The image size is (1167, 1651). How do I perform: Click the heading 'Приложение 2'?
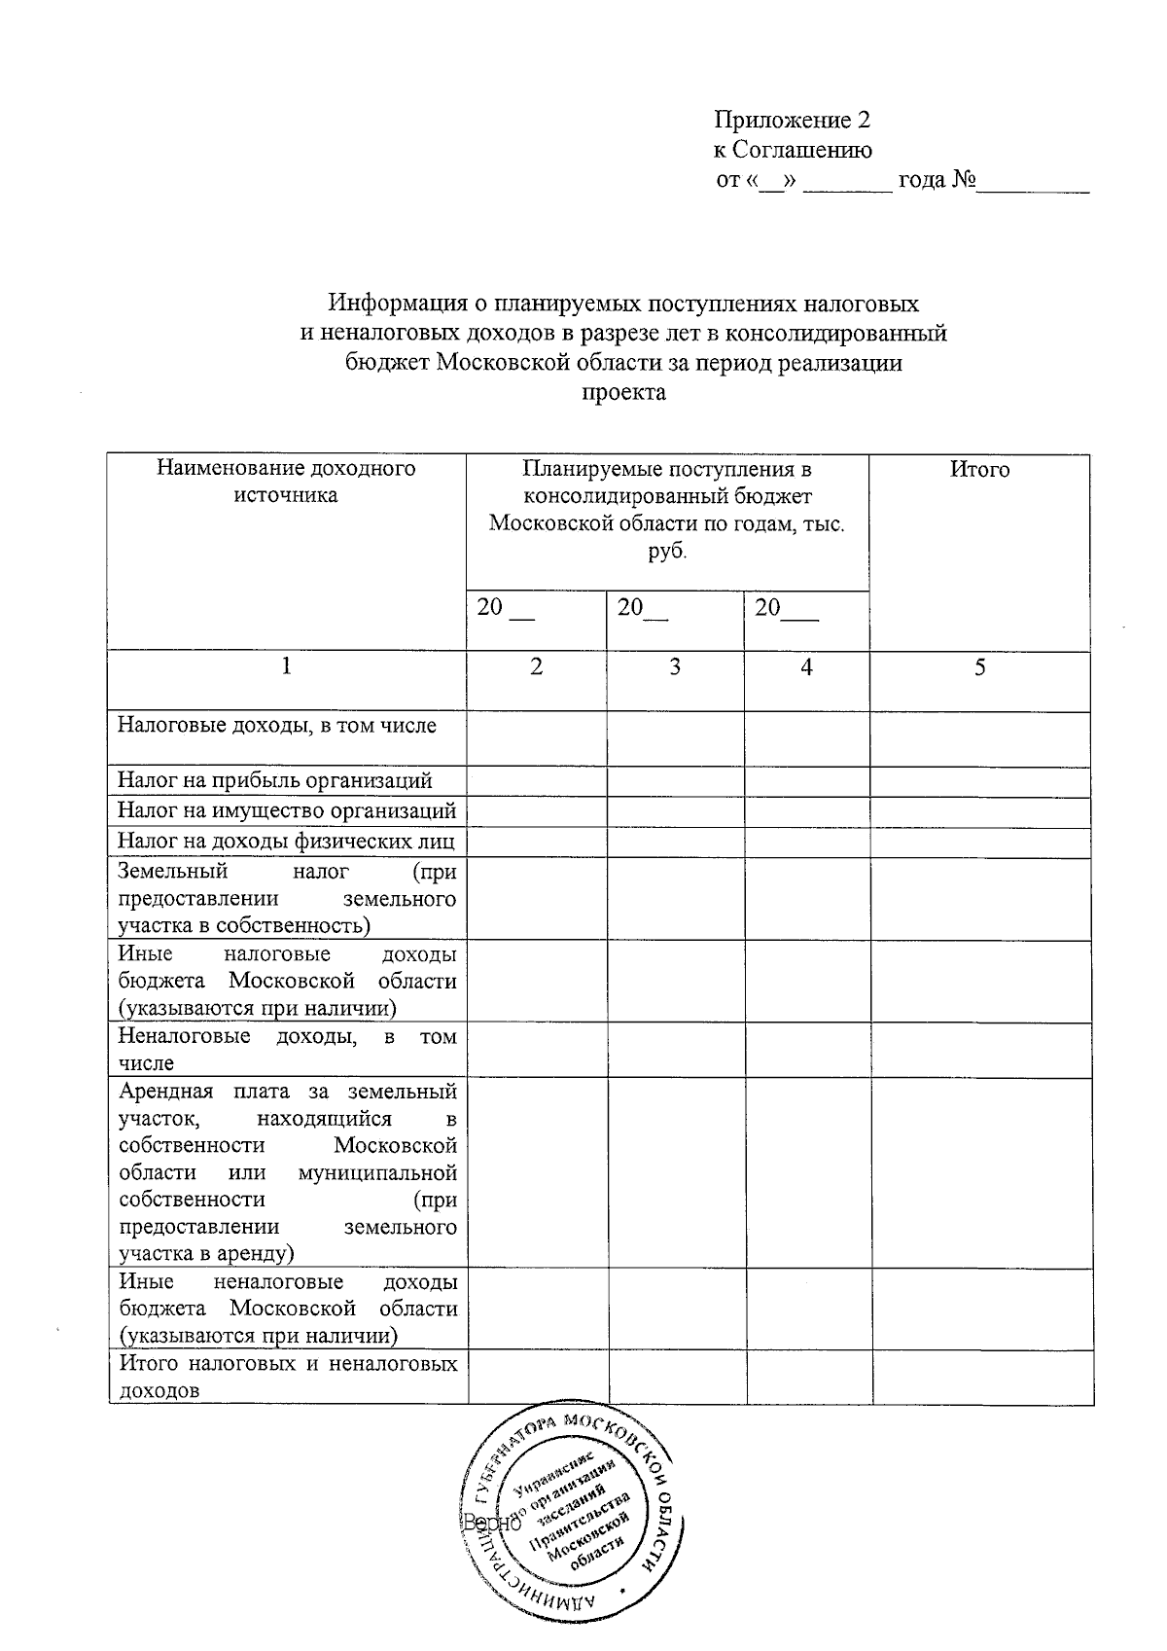(792, 121)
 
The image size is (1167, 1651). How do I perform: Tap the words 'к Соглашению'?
(793, 150)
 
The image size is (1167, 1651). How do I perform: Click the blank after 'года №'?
(1033, 182)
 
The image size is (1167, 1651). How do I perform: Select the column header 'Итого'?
(979, 470)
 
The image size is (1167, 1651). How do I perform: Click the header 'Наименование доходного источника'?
(286, 482)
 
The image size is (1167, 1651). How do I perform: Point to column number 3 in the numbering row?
(675, 667)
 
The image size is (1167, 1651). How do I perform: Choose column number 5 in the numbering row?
(980, 667)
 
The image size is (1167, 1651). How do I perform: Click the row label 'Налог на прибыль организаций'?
(275, 780)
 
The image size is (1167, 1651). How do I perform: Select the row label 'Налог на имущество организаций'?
(287, 810)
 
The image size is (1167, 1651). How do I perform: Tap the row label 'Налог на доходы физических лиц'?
(287, 841)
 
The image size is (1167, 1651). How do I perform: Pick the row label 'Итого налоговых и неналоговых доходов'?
(287, 1377)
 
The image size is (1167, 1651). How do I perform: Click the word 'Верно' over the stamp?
(492, 1523)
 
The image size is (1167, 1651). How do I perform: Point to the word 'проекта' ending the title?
(623, 392)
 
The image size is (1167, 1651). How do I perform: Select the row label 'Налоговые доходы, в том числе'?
(277, 726)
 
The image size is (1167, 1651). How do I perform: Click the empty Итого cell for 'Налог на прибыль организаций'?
(979, 781)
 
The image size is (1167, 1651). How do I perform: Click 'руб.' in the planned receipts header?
(666, 552)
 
